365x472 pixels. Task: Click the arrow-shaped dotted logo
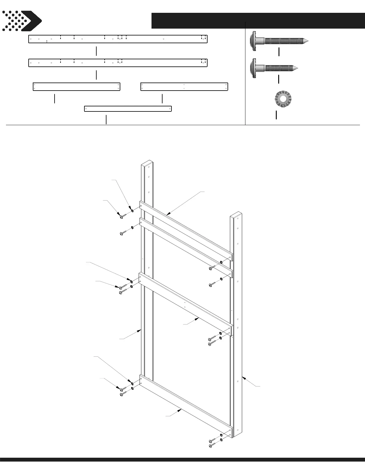[21, 21]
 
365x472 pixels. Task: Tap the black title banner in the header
[258, 20]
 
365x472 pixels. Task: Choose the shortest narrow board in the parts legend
[128, 109]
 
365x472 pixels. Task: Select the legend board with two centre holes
[184, 87]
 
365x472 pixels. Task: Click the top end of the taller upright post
[147, 164]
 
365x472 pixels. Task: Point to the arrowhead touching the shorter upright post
[243, 378]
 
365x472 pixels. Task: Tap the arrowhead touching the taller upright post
[140, 330]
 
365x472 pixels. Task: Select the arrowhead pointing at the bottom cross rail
[181, 410]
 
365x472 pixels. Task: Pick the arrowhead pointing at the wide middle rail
[198, 319]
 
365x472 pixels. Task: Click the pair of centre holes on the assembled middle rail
[185, 305]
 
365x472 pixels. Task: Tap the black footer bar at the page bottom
[182, 468]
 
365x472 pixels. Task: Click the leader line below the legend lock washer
[276, 115]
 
